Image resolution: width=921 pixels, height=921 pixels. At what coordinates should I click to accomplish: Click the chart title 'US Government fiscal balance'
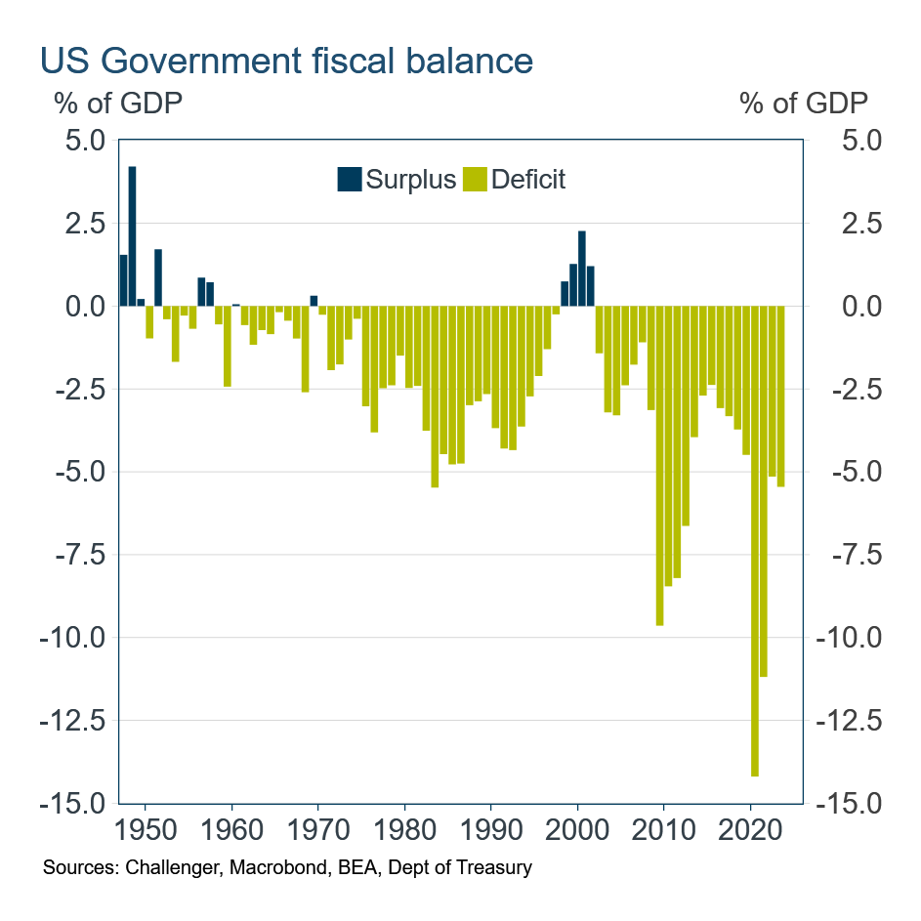pos(286,61)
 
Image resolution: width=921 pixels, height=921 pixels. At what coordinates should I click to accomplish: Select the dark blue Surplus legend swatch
pos(348,180)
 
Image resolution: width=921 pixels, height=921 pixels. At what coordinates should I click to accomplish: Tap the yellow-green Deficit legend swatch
pos(475,180)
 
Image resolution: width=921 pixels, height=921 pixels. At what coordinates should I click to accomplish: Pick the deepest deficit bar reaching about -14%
pos(754,541)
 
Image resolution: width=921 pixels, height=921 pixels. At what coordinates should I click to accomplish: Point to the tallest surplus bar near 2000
pos(582,269)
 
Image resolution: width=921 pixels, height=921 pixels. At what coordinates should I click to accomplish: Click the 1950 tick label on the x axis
pos(146,834)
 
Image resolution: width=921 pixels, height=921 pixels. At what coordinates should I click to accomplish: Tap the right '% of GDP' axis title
pos(804,102)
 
